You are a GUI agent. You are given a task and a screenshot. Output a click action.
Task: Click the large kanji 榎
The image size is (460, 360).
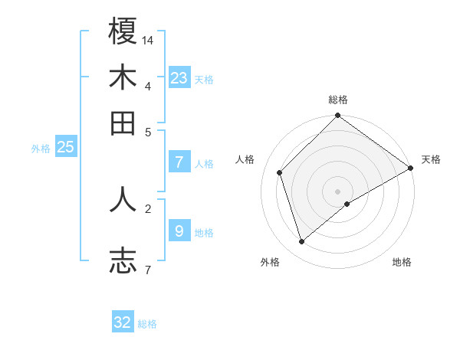tap(123, 31)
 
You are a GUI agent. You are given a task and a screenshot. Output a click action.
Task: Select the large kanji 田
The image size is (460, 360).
tap(123, 123)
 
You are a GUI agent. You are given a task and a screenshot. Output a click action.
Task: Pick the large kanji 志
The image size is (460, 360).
tap(123, 260)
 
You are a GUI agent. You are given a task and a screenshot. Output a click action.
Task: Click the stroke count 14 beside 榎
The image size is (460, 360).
tap(148, 39)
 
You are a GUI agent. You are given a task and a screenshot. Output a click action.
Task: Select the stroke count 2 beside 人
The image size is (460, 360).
tap(147, 208)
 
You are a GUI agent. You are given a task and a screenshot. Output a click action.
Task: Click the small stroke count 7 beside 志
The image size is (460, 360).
tap(147, 269)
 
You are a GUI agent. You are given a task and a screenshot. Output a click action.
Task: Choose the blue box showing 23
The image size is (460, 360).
tap(179, 77)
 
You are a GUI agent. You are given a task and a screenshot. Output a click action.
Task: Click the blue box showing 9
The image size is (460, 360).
tap(179, 231)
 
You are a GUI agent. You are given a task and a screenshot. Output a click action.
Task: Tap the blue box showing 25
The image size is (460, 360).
tap(65, 147)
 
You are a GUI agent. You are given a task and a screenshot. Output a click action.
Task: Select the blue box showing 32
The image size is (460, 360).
tap(123, 322)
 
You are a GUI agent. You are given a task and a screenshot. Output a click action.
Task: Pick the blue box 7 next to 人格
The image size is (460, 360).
tap(179, 162)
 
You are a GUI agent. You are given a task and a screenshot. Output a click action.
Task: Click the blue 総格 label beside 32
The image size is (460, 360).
tap(147, 324)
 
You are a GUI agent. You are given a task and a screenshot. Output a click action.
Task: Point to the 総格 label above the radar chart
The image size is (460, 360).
tap(337, 100)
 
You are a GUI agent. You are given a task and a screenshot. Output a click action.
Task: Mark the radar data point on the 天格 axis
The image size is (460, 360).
tap(410, 168)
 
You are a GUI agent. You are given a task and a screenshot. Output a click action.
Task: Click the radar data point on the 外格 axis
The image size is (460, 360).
tap(302, 241)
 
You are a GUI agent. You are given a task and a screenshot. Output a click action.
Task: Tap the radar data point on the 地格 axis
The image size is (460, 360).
tap(347, 204)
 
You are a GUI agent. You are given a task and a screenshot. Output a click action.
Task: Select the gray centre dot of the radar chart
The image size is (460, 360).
tap(337, 191)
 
